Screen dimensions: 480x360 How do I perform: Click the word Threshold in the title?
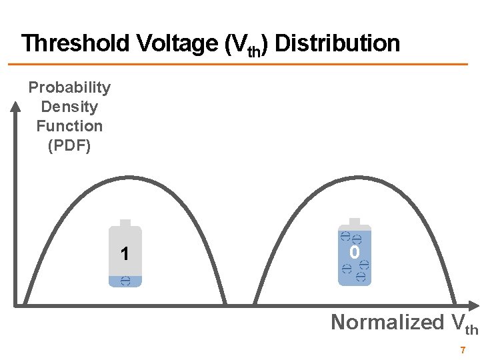pyautogui.click(x=75, y=44)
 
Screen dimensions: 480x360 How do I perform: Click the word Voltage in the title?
pyautogui.click(x=174, y=44)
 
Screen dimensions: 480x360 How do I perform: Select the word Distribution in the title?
pyautogui.click(x=337, y=44)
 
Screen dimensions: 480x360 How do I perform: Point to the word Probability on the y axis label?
pyautogui.click(x=69, y=87)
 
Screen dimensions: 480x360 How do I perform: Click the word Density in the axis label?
pyautogui.click(x=69, y=107)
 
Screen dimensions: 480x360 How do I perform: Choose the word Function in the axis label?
pyautogui.click(x=69, y=126)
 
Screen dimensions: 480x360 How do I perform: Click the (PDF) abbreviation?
pyautogui.click(x=69, y=145)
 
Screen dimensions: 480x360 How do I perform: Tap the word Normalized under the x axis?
pyautogui.click(x=387, y=322)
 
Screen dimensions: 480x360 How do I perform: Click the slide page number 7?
pyautogui.click(x=463, y=350)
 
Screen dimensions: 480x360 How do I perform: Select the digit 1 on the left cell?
pyautogui.click(x=125, y=254)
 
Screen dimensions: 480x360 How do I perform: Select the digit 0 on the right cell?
pyautogui.click(x=355, y=253)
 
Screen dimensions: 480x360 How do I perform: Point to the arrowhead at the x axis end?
pyautogui.click(x=474, y=305)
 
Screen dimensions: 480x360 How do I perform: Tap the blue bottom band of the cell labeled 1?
pyautogui.click(x=125, y=281)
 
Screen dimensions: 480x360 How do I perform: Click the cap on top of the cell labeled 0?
pyautogui.click(x=355, y=222)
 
